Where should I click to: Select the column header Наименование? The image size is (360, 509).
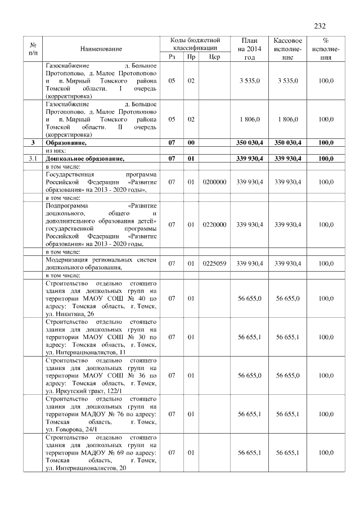tap(101, 49)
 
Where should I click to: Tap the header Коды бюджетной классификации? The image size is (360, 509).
tap(195, 44)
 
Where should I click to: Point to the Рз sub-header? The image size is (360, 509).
tap(172, 57)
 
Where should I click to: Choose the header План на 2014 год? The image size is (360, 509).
tap(250, 49)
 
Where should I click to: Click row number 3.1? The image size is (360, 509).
tap(33, 159)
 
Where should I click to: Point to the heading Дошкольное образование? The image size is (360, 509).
tap(84, 159)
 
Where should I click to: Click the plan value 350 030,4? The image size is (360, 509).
tap(250, 143)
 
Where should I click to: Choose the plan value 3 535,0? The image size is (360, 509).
tap(250, 81)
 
